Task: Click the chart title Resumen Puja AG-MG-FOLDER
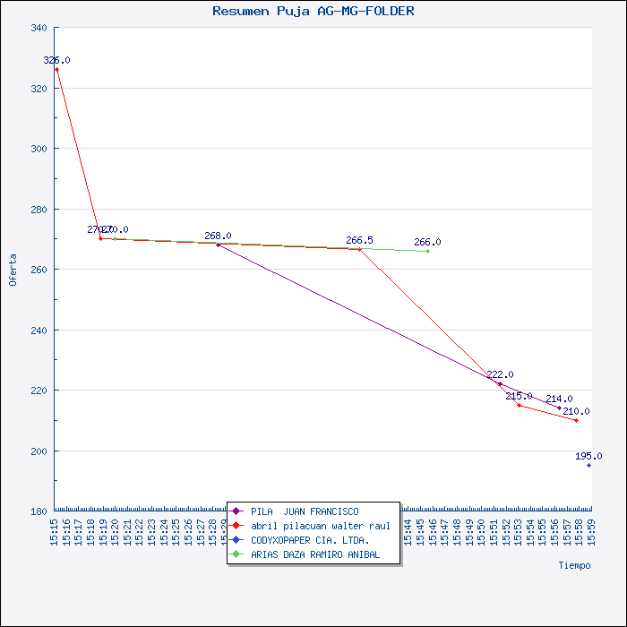click(x=313, y=12)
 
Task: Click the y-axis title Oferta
click(x=13, y=270)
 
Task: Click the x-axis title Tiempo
click(x=574, y=565)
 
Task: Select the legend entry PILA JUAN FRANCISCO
click(x=305, y=511)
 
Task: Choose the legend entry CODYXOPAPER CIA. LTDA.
click(x=310, y=540)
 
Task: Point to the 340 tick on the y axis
click(x=39, y=28)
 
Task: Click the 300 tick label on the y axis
click(x=39, y=149)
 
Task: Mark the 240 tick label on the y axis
click(x=39, y=331)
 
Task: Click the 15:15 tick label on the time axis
click(x=55, y=530)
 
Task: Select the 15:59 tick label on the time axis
click(x=589, y=530)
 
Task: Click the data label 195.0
click(x=588, y=456)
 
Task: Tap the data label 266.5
click(x=359, y=240)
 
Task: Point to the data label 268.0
click(x=218, y=236)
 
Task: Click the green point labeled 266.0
click(x=427, y=251)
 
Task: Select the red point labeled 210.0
click(x=576, y=420)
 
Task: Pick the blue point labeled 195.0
click(x=588, y=465)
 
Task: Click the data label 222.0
click(x=500, y=374)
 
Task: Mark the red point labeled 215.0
click(x=519, y=405)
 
